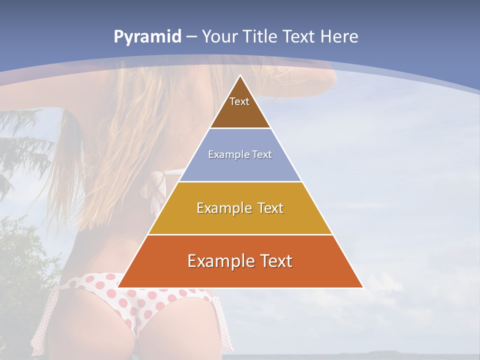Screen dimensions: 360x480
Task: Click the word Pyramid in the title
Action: (x=147, y=37)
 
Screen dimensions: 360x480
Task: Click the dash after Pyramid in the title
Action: (x=191, y=37)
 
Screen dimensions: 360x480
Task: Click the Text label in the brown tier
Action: (x=239, y=101)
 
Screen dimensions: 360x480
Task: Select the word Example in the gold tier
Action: (x=222, y=208)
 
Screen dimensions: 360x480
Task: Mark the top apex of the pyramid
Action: (x=240, y=75)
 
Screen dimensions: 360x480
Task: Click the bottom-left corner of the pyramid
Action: (x=118, y=287)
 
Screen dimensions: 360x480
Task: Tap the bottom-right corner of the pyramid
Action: (x=362, y=287)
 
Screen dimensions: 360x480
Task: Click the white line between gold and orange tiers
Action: (x=240, y=234)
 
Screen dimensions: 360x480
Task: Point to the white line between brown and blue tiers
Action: (x=240, y=128)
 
